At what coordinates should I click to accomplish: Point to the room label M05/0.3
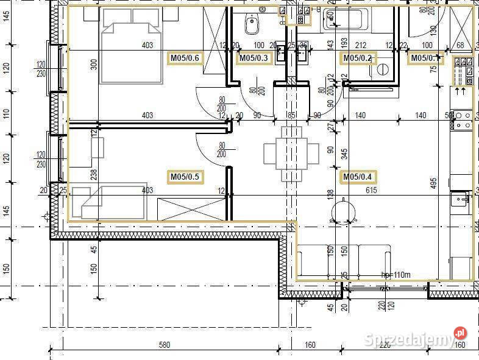coord(253,58)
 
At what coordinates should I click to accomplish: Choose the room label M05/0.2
coord(357,58)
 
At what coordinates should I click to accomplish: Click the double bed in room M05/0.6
coord(132,46)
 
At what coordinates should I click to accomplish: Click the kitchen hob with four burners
coord(462,119)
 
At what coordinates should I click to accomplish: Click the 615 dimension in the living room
coord(371,190)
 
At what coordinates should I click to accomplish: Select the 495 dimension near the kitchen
coord(433,183)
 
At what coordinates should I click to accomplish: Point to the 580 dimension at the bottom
coord(164,345)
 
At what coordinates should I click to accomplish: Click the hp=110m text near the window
coord(396,275)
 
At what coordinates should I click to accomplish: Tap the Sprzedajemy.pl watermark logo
coord(417,339)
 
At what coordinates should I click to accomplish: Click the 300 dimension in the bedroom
coord(94,65)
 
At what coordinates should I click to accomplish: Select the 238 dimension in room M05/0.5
coord(94,175)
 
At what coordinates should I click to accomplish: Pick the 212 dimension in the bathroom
coord(360,45)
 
